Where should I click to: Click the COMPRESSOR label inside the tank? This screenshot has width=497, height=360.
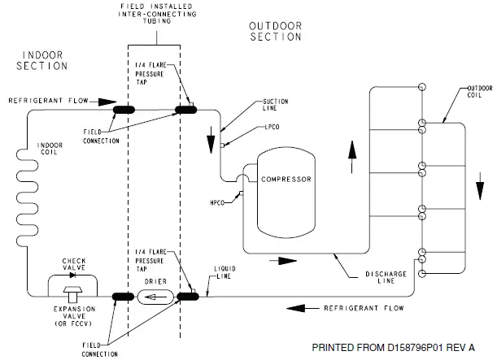(286, 180)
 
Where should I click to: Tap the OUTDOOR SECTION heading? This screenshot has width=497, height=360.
(276, 32)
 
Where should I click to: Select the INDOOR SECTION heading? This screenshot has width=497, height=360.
(41, 60)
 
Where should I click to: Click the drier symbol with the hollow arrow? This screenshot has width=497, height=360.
(155, 297)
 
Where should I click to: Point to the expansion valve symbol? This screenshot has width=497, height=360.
(73, 294)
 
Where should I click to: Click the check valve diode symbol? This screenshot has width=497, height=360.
(73, 275)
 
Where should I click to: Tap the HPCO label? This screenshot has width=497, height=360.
(217, 202)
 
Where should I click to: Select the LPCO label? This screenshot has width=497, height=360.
(272, 127)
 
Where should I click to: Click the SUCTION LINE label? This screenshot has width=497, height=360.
(276, 105)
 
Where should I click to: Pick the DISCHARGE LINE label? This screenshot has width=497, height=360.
(386, 277)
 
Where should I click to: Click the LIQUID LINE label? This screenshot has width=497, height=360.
(225, 272)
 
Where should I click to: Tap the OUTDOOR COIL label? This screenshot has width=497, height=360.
(480, 92)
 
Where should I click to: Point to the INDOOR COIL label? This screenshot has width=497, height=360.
(50, 149)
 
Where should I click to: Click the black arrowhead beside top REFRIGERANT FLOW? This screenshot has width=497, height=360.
(107, 102)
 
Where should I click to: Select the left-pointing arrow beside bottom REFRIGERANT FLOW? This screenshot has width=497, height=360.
(303, 308)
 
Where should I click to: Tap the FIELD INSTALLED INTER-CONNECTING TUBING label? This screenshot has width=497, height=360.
(157, 14)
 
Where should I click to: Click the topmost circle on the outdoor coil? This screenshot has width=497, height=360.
(422, 87)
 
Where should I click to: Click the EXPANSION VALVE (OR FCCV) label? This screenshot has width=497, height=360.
(74, 316)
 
